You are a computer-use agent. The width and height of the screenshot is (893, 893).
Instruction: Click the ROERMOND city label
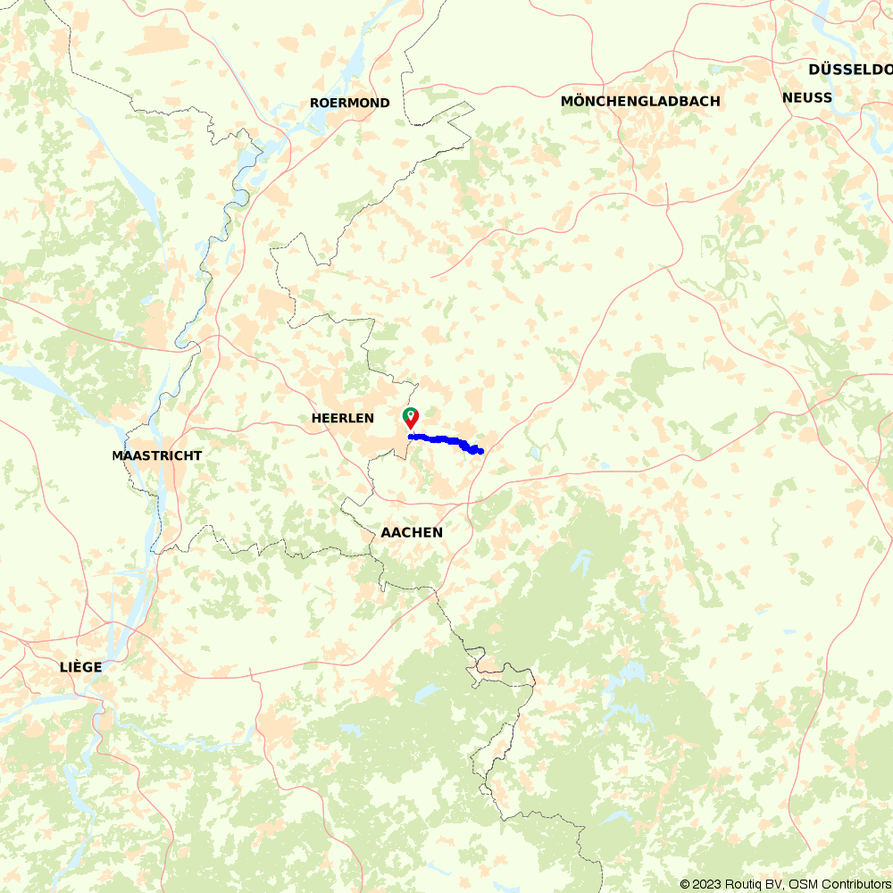(x=350, y=103)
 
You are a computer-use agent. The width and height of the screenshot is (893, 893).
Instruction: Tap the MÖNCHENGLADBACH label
(x=640, y=101)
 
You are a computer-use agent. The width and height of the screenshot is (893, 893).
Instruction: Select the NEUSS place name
(x=806, y=97)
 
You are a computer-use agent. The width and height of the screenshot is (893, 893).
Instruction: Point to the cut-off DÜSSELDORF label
(x=849, y=70)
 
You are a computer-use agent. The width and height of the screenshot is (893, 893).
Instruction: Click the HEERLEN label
(x=343, y=418)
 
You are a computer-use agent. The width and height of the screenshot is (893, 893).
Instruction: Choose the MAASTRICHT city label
(x=157, y=455)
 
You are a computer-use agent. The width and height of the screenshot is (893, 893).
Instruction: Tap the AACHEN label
(x=412, y=532)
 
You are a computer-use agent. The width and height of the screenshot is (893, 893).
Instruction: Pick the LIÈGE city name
(x=80, y=667)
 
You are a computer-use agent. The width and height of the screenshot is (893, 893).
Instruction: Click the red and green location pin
(x=410, y=418)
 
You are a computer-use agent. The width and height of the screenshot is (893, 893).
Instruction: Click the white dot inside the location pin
(x=410, y=414)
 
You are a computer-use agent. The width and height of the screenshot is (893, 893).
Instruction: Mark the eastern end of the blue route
(x=481, y=451)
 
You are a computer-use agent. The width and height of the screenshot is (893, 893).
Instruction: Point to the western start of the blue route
(x=409, y=437)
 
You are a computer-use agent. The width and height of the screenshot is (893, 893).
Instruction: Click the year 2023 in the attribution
(x=708, y=884)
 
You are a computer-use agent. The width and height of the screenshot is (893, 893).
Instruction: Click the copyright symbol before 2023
(x=685, y=884)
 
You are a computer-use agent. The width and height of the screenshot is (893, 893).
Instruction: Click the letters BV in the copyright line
(x=775, y=884)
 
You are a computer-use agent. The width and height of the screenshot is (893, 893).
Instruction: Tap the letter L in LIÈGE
(x=63, y=667)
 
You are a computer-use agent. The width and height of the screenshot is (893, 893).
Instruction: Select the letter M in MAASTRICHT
(x=118, y=455)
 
